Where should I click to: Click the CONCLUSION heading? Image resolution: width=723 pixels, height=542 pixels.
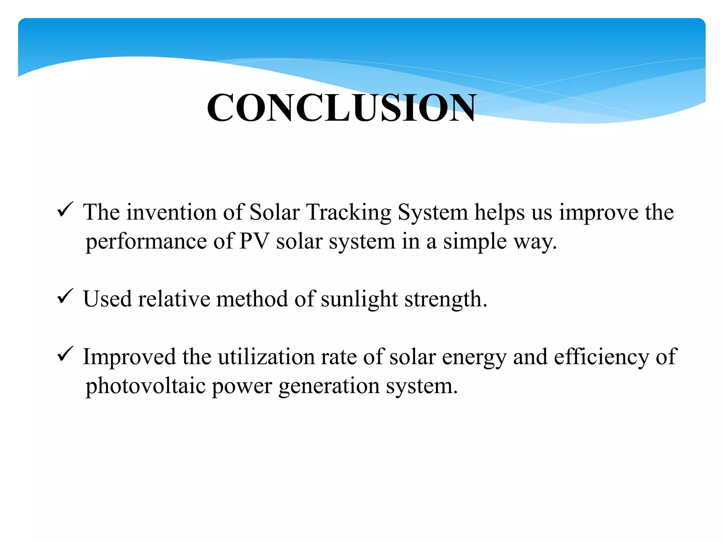341,108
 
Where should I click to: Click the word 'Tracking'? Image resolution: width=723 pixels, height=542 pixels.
349,213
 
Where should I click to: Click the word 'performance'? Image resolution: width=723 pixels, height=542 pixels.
146,242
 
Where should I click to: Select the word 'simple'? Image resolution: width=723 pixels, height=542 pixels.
475,242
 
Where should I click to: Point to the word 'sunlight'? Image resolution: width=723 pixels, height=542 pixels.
359,300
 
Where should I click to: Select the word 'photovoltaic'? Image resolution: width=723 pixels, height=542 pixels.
145,386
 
